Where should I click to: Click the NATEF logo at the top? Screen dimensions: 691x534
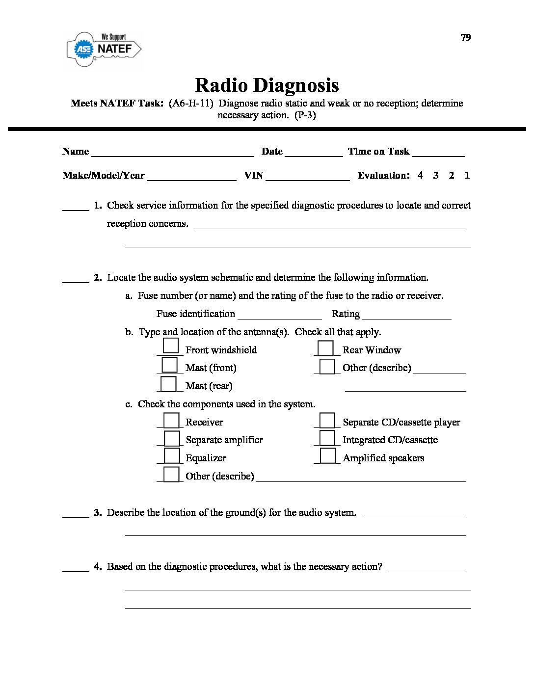click(104, 48)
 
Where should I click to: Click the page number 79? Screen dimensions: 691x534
click(466, 38)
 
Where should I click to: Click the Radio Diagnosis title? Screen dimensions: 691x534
click(267, 85)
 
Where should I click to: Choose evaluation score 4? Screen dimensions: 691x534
click(420, 175)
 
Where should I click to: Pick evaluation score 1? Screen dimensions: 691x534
click(467, 175)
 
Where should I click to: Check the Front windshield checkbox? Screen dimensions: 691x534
click(170, 346)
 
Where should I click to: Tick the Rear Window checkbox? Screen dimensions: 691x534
click(325, 348)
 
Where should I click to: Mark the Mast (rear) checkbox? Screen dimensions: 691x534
click(168, 384)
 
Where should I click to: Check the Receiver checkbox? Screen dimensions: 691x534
click(171, 421)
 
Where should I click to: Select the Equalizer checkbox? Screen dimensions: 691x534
click(171, 456)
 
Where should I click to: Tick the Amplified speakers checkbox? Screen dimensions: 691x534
click(327, 455)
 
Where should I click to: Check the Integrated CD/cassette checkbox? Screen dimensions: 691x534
click(327, 438)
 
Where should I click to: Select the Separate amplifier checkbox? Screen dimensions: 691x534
click(172, 438)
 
